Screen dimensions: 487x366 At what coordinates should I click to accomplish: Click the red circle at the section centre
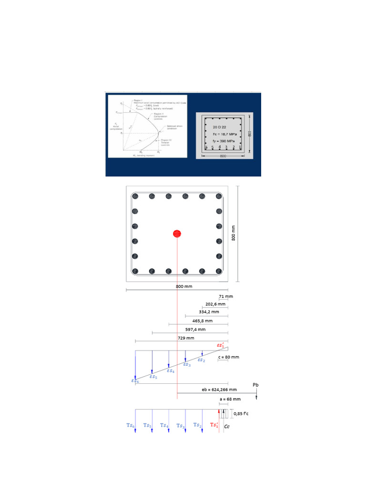pyautogui.click(x=177, y=234)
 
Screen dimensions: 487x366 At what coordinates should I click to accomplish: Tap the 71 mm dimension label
pyautogui.click(x=226, y=296)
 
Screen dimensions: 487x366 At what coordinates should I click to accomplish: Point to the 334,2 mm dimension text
pyautogui.click(x=209, y=312)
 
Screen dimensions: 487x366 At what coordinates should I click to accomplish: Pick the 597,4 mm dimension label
pyautogui.click(x=195, y=329)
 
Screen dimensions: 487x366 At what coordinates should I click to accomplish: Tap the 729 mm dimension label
pyautogui.click(x=186, y=338)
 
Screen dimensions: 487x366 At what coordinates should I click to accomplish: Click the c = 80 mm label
pyautogui.click(x=229, y=357)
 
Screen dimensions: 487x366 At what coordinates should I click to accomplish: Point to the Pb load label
pyautogui.click(x=256, y=385)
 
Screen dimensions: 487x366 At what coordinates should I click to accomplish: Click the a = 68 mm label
pyautogui.click(x=230, y=399)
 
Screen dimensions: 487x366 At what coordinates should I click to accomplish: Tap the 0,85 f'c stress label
pyautogui.click(x=241, y=414)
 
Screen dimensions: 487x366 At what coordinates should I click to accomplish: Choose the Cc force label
pyautogui.click(x=227, y=428)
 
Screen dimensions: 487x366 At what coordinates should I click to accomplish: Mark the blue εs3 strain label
pyautogui.click(x=187, y=365)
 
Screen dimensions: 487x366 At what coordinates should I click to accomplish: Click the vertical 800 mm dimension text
pyautogui.click(x=234, y=233)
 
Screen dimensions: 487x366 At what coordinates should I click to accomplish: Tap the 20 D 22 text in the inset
pyautogui.click(x=220, y=127)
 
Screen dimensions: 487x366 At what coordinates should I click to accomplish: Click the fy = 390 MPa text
pyautogui.click(x=223, y=141)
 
